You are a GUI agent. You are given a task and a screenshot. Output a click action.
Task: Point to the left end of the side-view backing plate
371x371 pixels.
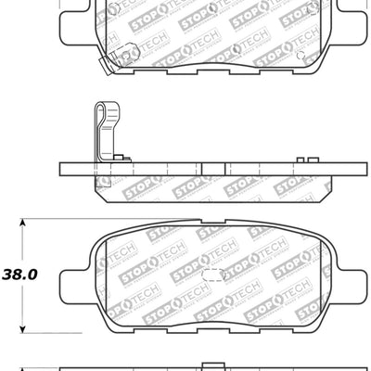click(62, 171)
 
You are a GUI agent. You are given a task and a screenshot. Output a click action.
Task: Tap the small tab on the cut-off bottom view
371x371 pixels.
click(201, 364)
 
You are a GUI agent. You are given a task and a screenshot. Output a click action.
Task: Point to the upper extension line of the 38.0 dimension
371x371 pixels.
click(56, 220)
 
